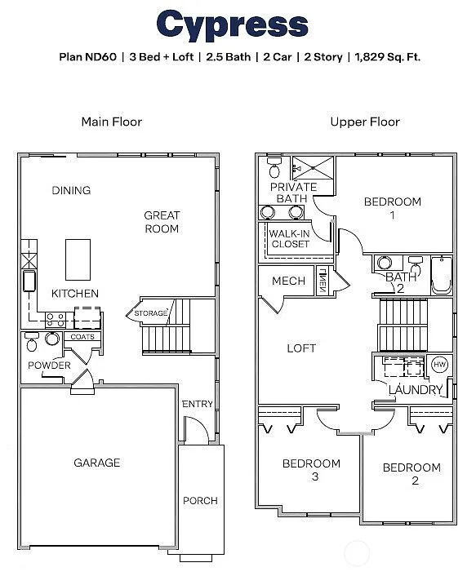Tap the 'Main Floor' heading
pos(111,122)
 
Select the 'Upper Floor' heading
pos(364,122)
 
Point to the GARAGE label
pos(96,463)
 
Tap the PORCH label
pos(200,500)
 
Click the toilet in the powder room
pos(32,342)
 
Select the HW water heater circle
pos(439,365)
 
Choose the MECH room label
pos(288,281)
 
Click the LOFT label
pos(301,348)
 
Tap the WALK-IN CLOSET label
pos(290,238)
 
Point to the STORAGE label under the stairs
pos(151,312)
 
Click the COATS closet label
pos(82,336)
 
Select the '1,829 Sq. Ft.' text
pos(388,57)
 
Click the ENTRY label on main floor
pos(197,404)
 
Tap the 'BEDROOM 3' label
pos(311,469)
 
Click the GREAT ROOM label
pos(162,222)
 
